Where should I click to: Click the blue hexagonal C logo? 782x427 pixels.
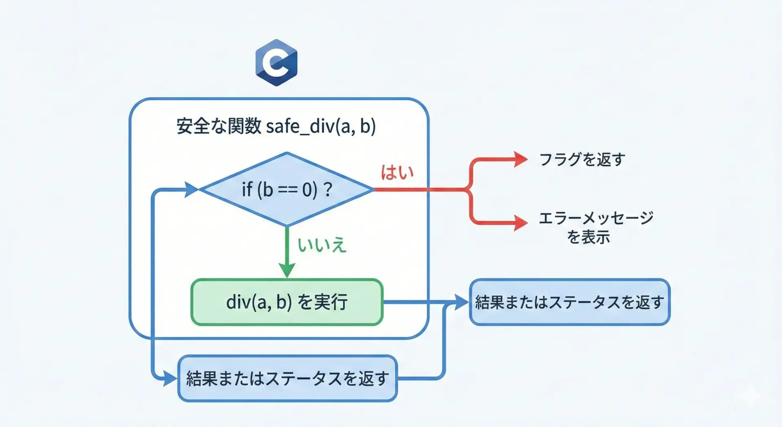(276, 62)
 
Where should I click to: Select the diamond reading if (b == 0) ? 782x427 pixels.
(287, 189)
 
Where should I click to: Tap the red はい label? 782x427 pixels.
(397, 173)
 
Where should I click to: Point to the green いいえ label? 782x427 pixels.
(322, 245)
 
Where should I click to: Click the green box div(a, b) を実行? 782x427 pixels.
(287, 302)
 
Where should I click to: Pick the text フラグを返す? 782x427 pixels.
(582, 159)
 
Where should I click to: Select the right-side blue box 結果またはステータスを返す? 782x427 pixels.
(569, 302)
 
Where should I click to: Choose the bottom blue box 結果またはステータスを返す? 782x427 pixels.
(287, 378)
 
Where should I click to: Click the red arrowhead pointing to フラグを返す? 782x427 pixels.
(521, 159)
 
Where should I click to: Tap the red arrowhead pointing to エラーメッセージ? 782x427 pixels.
(521, 223)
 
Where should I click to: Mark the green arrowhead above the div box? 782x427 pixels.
(287, 270)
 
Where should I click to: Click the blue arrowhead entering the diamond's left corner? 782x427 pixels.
(191, 189)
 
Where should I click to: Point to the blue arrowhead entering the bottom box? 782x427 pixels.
(170, 378)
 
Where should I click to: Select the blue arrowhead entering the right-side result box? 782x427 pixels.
(461, 302)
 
